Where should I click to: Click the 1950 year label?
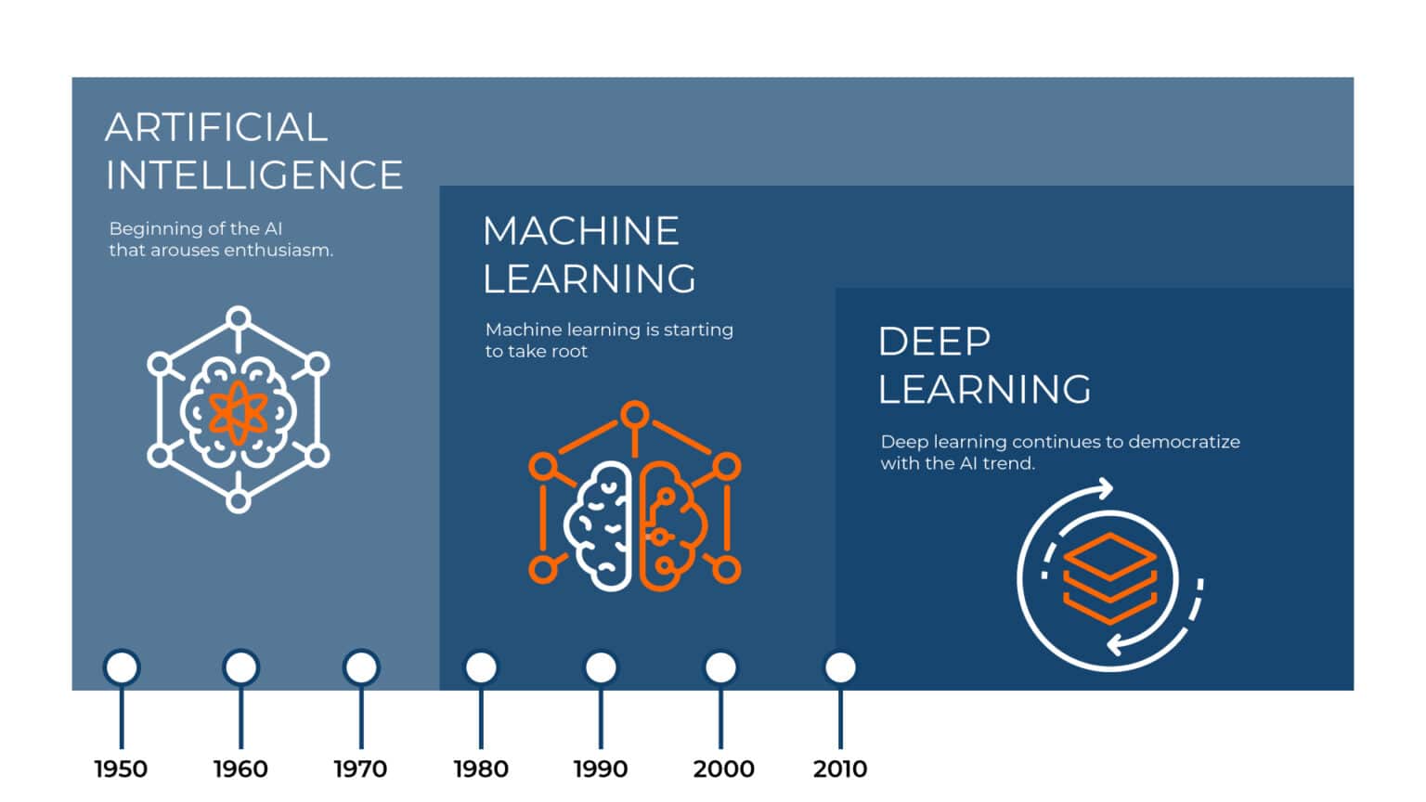(x=121, y=769)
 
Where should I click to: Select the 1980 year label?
(x=481, y=769)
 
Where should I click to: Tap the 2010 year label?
(x=840, y=769)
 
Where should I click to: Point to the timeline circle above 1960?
(x=240, y=667)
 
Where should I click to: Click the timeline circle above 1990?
(x=601, y=667)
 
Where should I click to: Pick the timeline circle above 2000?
(x=720, y=667)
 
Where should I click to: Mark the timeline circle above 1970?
(x=361, y=667)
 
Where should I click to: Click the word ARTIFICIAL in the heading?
(x=216, y=128)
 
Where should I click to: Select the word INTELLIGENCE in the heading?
(x=254, y=175)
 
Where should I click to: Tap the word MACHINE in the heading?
(x=581, y=231)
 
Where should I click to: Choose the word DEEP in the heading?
(x=934, y=342)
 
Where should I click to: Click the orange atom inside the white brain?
(x=239, y=411)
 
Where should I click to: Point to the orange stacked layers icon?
(x=1109, y=577)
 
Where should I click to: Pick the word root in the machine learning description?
(x=568, y=352)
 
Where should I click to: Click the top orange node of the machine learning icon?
(x=635, y=415)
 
